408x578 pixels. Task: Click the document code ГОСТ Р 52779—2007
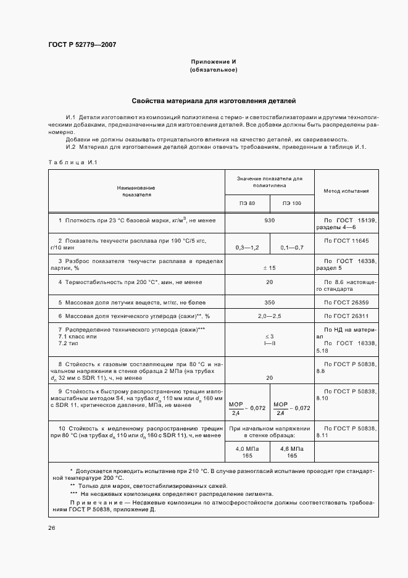(81, 44)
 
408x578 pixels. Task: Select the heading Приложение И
(214, 62)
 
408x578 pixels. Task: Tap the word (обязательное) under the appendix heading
(214, 70)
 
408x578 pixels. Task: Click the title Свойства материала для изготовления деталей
(214, 99)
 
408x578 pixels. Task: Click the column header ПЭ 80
(247, 203)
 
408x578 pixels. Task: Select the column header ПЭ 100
(292, 203)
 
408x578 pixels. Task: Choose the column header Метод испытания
(346, 191)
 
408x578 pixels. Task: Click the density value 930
(269, 220)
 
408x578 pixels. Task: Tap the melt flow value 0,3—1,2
(248, 247)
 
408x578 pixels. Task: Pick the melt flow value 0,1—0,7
(292, 247)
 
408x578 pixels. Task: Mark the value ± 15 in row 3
(269, 268)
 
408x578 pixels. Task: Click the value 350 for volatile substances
(269, 303)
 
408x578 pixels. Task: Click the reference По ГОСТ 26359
(346, 303)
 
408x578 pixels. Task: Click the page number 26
(51, 528)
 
